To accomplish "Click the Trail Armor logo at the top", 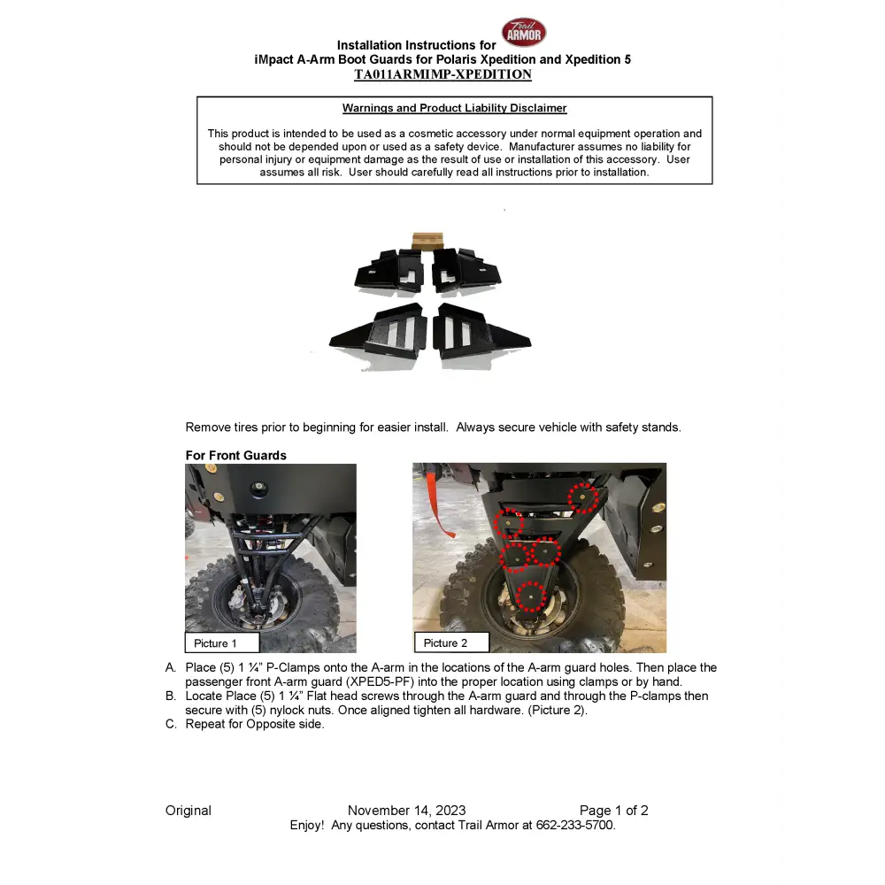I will pyautogui.click(x=524, y=33).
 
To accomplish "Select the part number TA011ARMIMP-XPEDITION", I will pyautogui.click(x=442, y=74).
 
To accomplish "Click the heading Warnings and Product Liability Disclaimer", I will pyautogui.click(x=454, y=108).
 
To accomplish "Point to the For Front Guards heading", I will pyautogui.click(x=235, y=455).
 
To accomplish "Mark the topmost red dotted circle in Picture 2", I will pyautogui.click(x=583, y=497).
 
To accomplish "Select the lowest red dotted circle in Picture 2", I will pyautogui.click(x=530, y=596).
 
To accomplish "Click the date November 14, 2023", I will pyautogui.click(x=406, y=811).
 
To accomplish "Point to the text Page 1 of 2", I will pyautogui.click(x=613, y=811).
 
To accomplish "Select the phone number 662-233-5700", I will pyautogui.click(x=574, y=825).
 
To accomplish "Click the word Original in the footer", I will pyautogui.click(x=189, y=811).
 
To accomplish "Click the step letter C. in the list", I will pyautogui.click(x=171, y=724).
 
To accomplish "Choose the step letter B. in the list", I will pyautogui.click(x=171, y=696).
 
